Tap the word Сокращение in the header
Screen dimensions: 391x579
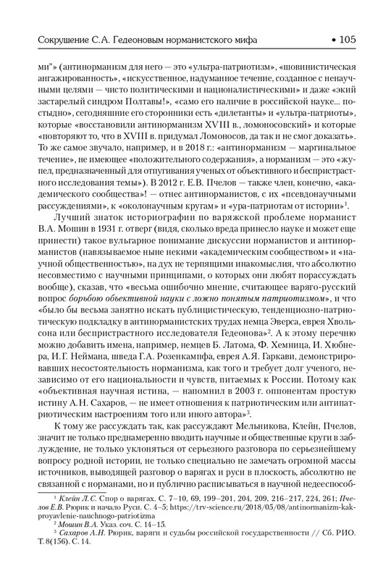tap(54, 37)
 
